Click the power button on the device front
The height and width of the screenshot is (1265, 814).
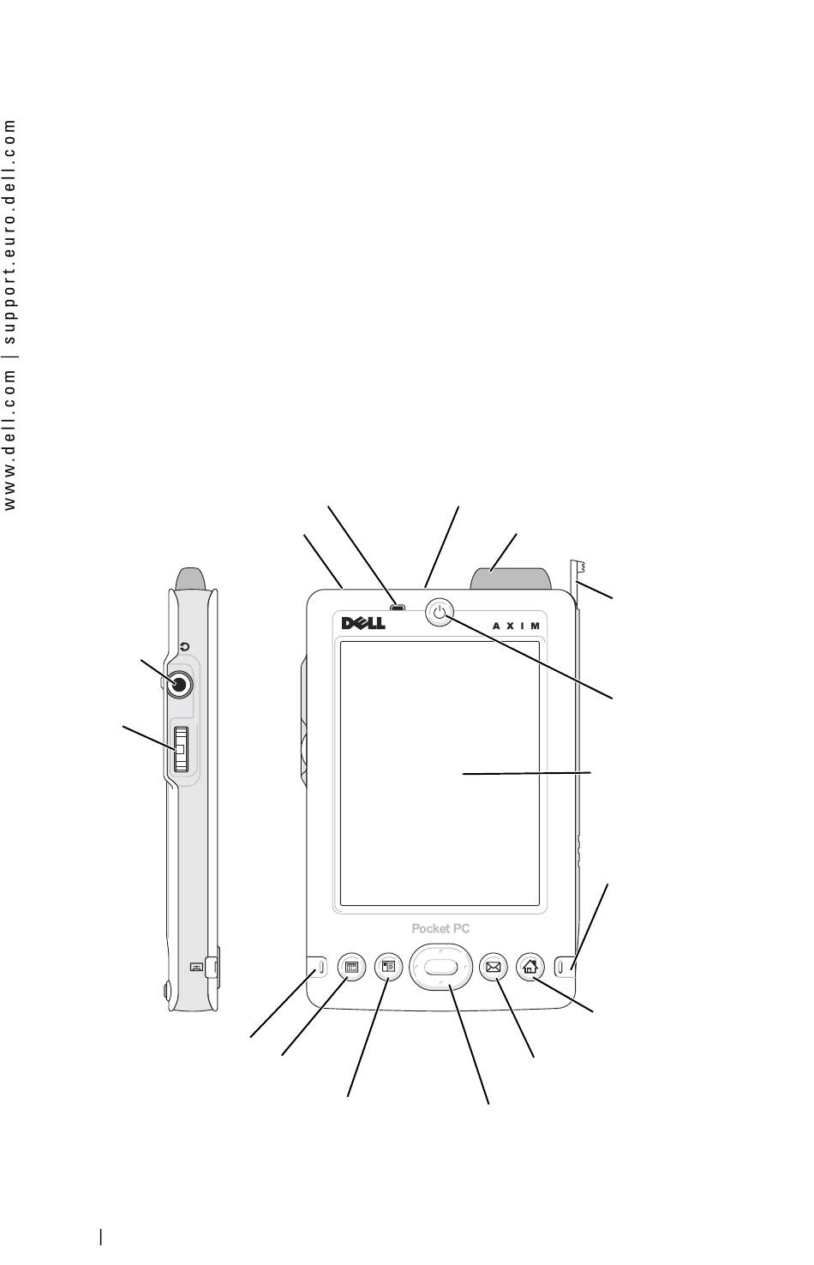click(x=440, y=612)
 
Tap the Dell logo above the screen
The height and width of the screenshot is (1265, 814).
click(x=363, y=623)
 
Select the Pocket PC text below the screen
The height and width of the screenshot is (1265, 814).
click(x=440, y=928)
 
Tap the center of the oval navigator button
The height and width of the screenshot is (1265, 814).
click(x=440, y=967)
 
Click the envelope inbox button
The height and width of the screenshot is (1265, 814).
click(x=493, y=967)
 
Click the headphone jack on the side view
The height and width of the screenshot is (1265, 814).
click(x=179, y=685)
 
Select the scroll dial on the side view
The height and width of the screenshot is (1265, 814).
click(x=181, y=749)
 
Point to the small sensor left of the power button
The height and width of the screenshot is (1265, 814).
click(x=398, y=608)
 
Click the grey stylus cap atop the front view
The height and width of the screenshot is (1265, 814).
click(x=510, y=579)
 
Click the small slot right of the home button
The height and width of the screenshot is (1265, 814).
click(x=560, y=968)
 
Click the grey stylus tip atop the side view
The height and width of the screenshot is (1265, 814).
click(x=190, y=579)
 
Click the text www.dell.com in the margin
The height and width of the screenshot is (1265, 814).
click(x=9, y=441)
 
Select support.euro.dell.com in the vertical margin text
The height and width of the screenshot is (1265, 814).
click(x=9, y=231)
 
